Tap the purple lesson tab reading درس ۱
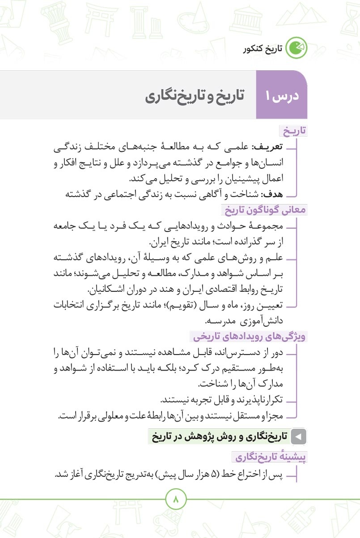pyautogui.click(x=282, y=97)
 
